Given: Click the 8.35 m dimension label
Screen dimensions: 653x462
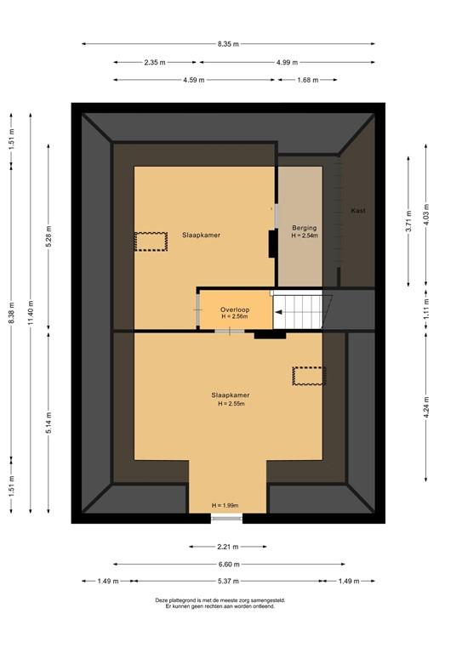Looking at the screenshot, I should [228, 43].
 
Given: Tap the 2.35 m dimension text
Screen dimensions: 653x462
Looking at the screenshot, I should [154, 62].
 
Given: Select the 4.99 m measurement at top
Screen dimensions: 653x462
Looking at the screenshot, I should [287, 62].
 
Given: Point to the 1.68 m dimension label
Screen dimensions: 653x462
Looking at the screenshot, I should [307, 80].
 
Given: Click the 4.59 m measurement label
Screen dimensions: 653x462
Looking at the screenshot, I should [192, 80].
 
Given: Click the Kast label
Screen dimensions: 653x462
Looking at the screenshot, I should [358, 210].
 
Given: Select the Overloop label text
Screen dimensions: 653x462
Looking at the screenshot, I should [234, 309].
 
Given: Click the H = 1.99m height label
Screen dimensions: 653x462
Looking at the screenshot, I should [225, 506].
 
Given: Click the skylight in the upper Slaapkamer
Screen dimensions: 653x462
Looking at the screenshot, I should [151, 241].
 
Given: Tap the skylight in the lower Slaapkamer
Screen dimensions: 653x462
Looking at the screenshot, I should [309, 376].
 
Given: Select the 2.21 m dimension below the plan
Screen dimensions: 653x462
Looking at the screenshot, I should [227, 547].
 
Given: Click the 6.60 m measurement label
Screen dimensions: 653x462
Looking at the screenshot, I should [228, 564].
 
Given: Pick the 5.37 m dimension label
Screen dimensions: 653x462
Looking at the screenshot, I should [228, 582].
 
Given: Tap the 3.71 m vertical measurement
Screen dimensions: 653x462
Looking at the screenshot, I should [408, 222].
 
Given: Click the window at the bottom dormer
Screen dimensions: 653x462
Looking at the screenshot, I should [226, 517].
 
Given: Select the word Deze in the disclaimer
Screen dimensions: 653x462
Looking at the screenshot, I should [163, 599].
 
